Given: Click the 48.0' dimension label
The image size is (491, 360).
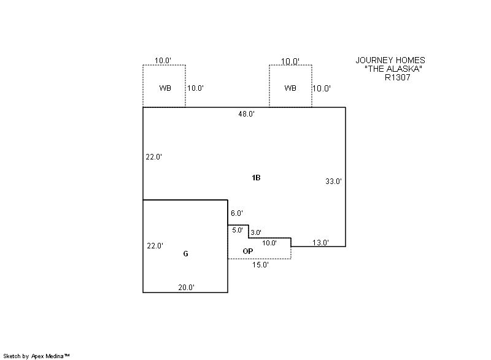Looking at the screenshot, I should (246, 114).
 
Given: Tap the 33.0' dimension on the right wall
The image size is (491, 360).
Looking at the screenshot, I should (333, 182).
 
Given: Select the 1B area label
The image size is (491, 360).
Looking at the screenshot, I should (256, 178).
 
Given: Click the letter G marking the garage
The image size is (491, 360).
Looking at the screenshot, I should (185, 253).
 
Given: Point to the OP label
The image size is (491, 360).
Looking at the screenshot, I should (248, 251).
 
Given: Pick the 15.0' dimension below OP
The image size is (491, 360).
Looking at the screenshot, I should (260, 265).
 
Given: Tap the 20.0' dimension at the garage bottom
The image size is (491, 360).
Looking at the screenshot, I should (187, 287).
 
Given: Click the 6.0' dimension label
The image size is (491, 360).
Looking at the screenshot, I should (237, 213).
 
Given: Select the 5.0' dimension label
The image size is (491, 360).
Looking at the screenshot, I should (238, 230).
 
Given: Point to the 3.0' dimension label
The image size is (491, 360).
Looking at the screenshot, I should (256, 232).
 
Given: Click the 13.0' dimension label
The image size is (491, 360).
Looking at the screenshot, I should (320, 243).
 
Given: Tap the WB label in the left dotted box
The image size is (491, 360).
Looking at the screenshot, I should (165, 88).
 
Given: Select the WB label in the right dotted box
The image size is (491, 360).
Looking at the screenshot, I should (290, 88).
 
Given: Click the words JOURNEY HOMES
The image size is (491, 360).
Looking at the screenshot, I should (390, 60).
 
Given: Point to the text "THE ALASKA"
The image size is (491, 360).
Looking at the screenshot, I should (393, 69).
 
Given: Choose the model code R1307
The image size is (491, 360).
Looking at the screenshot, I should (398, 78).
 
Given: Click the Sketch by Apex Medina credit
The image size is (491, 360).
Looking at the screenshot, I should (36, 355).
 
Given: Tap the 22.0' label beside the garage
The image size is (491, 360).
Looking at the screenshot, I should (155, 246).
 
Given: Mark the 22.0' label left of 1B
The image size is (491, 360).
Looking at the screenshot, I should (154, 157).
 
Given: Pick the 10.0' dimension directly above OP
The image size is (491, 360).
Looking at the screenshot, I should (269, 243).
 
